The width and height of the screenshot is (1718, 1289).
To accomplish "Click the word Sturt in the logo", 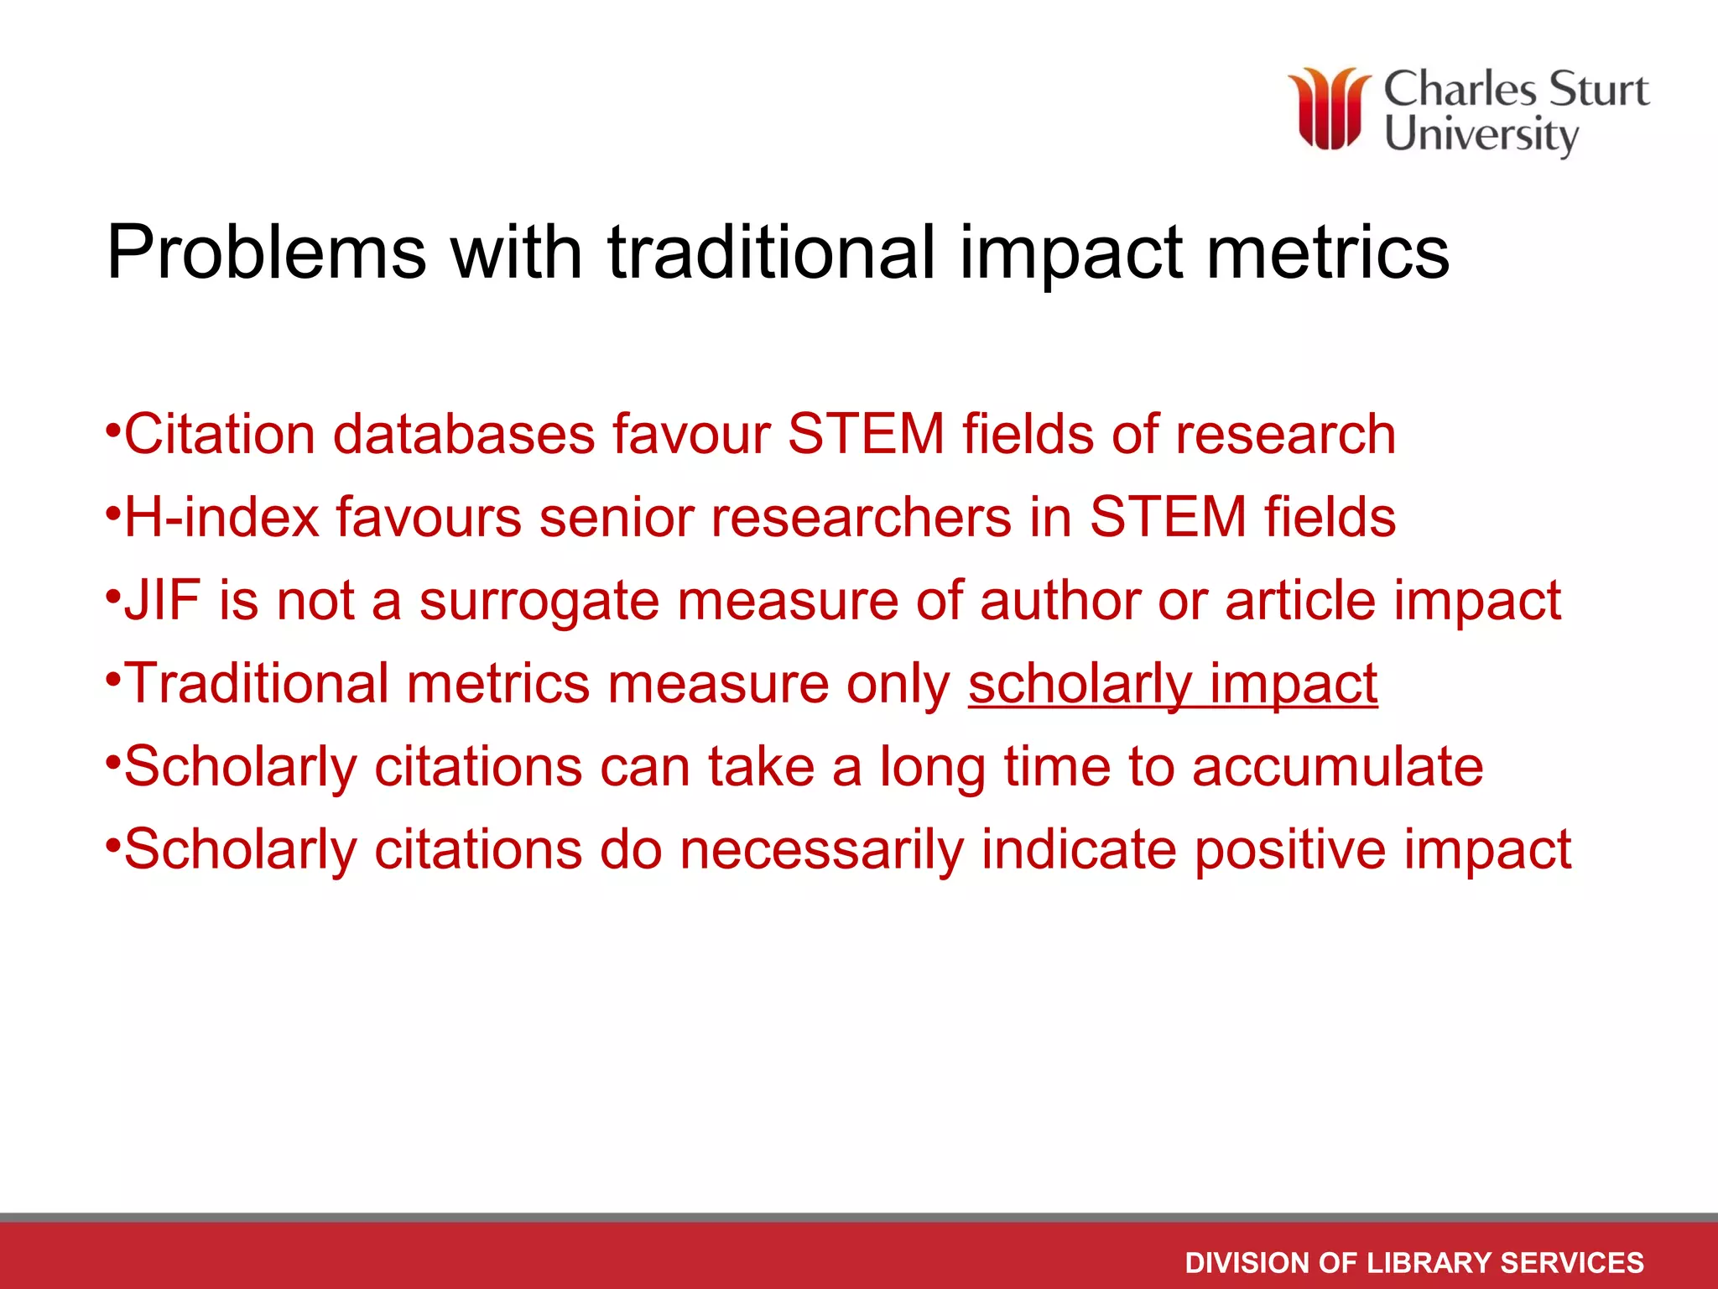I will point(1599,91).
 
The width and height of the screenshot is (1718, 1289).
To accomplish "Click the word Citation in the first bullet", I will point(220,435).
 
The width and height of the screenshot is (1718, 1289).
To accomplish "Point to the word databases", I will point(464,435).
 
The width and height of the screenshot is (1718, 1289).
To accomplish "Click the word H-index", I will point(222,517).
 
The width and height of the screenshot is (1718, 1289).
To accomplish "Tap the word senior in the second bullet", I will point(616,517).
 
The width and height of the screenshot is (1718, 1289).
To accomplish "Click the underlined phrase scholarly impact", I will point(1173,684).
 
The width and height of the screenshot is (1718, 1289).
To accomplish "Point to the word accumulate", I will point(1337,767).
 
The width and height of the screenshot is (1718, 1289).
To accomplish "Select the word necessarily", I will point(822,850).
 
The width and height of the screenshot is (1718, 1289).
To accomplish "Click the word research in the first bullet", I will point(1285,435).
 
